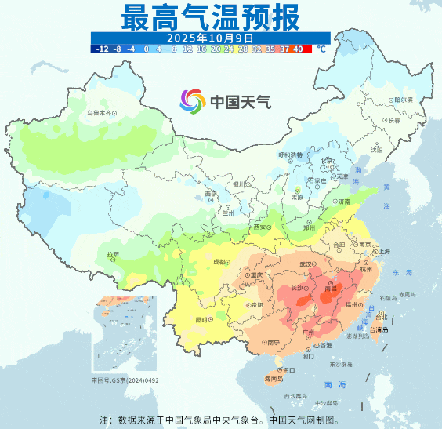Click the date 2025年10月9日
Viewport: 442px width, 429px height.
[209, 37]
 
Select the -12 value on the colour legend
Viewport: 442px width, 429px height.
[101, 49]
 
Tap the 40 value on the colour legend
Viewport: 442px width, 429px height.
[298, 49]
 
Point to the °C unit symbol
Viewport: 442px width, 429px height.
[321, 49]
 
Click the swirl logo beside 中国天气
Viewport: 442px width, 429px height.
[193, 100]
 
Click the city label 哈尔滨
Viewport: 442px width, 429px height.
[401, 100]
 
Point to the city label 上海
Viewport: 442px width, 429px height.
[384, 252]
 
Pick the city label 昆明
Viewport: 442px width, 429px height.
[201, 319]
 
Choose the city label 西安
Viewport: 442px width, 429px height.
[259, 227]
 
